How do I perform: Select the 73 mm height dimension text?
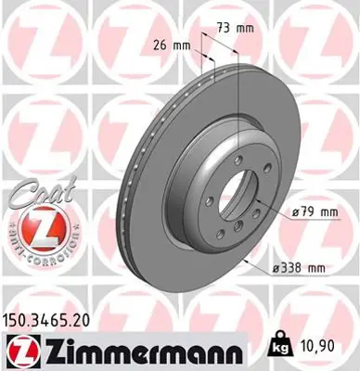234,30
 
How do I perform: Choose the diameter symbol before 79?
294,212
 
